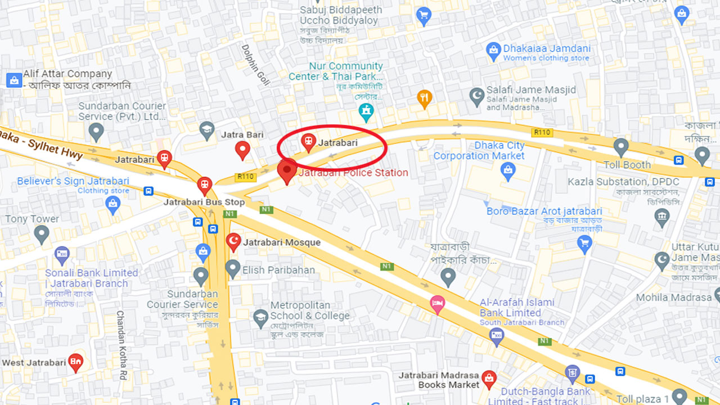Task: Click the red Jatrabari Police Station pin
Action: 287,170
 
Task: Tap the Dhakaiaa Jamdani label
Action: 547,48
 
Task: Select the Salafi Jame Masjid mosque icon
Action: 477,95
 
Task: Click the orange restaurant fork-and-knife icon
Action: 425,98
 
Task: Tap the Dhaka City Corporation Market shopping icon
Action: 508,170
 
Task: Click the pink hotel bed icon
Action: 438,304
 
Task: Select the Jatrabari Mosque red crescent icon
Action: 233,242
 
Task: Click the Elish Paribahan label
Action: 278,270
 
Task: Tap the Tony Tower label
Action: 32,219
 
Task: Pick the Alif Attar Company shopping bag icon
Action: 14,80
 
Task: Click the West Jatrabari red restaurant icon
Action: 75,362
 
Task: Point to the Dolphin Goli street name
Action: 256,65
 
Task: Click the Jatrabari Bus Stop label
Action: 204,202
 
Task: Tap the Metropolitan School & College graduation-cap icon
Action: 260,318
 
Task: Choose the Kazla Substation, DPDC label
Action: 623,182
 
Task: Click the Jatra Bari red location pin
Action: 242,150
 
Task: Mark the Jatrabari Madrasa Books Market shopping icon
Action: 489,377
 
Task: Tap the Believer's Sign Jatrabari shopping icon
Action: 113,204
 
